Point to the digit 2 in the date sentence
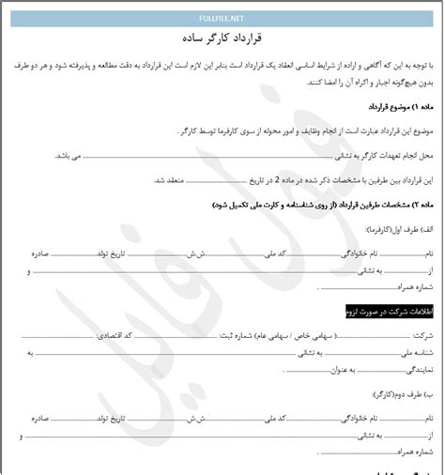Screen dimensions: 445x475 tap(253, 178)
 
